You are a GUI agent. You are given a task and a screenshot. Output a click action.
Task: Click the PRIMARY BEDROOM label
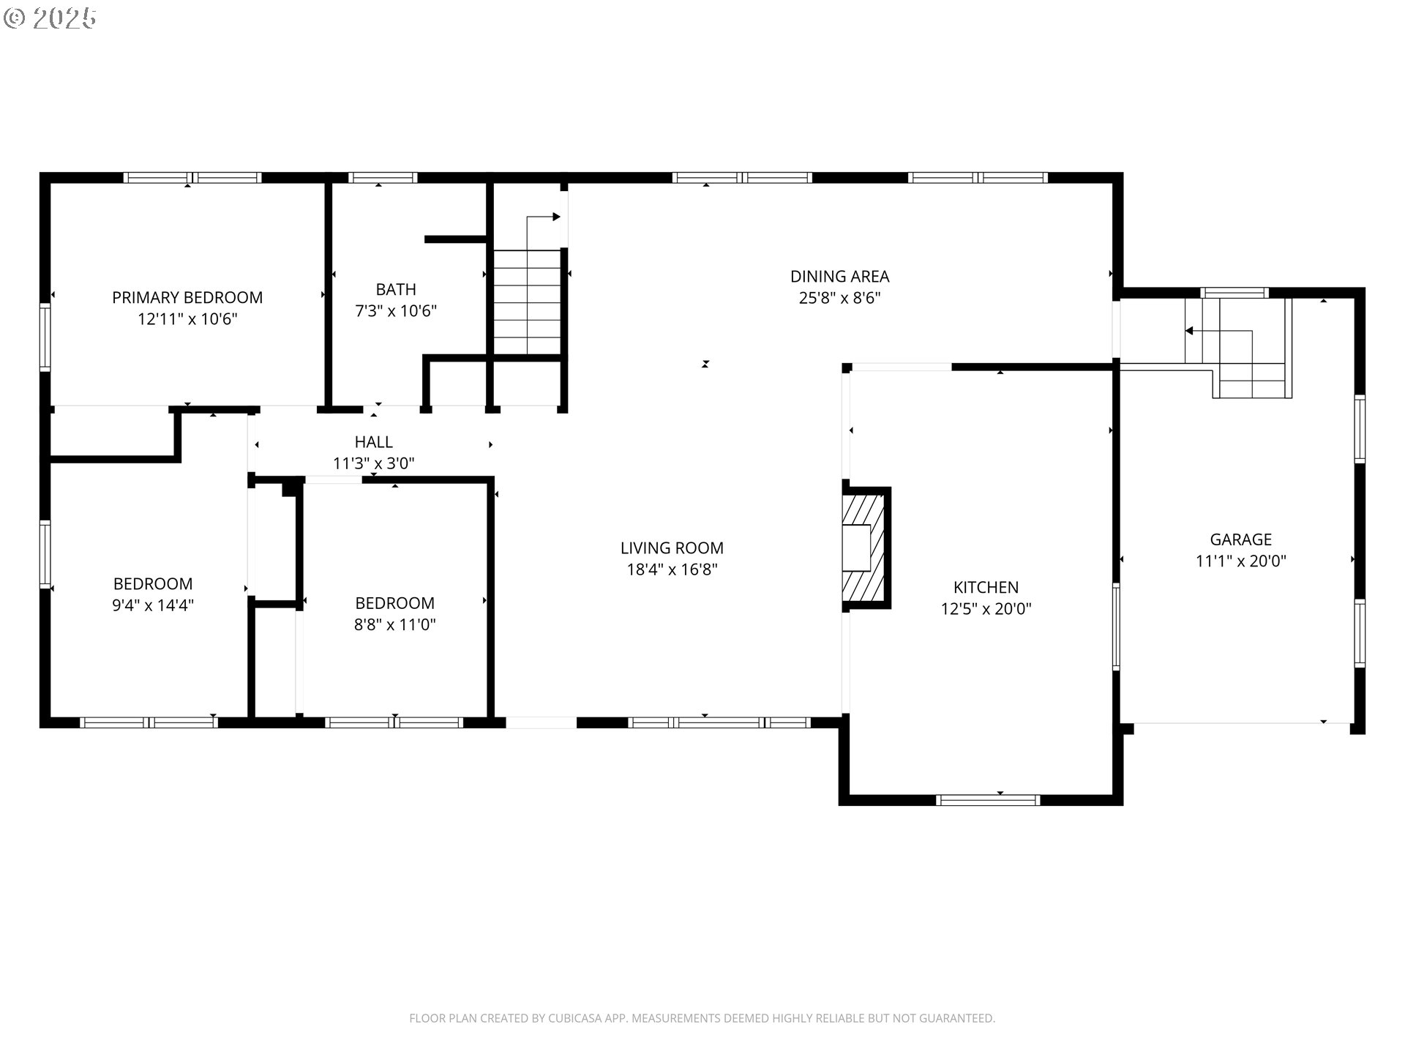187,297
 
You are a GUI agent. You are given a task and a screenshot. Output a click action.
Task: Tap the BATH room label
396,289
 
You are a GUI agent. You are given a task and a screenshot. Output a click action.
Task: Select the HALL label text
373,442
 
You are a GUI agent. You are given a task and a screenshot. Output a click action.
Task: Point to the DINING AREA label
839,277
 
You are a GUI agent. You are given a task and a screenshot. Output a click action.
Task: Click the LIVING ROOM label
672,548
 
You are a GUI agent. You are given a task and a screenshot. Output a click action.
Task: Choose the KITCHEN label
986,587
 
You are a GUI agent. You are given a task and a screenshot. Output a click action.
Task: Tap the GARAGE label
1240,539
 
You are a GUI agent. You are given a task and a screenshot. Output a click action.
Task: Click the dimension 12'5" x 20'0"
986,609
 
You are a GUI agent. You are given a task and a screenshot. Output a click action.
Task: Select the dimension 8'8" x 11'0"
394,625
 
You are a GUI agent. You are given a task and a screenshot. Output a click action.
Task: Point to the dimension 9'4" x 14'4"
153,605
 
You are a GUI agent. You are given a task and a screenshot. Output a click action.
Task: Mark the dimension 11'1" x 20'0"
1240,561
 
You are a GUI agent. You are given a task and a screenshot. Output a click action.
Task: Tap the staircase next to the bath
527,302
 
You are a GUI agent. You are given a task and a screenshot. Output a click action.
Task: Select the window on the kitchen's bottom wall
988,800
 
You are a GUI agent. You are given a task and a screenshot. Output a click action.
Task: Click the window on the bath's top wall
383,177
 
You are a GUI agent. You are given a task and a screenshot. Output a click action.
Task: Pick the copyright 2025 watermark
50,18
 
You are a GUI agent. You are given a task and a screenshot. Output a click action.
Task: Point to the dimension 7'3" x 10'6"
396,311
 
